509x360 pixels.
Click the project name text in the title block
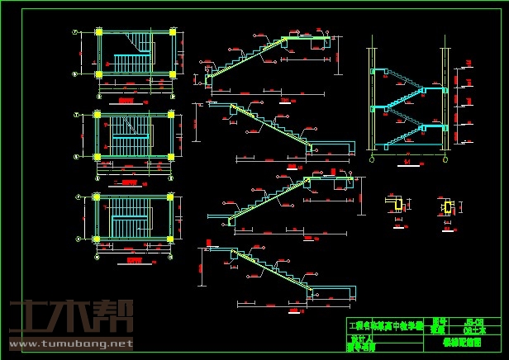(387, 326)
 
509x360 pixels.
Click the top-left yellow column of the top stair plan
(99, 33)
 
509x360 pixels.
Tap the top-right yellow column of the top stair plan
(173, 33)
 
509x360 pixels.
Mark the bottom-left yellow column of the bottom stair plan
(98, 240)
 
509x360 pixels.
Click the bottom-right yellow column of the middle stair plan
(173, 157)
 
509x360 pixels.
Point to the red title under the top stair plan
(126, 101)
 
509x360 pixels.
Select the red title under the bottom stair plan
(126, 262)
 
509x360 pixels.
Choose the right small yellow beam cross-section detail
(449, 206)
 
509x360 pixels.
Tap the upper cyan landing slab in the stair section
(382, 72)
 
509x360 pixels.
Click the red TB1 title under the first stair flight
(287, 101)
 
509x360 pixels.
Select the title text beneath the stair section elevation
(408, 163)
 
